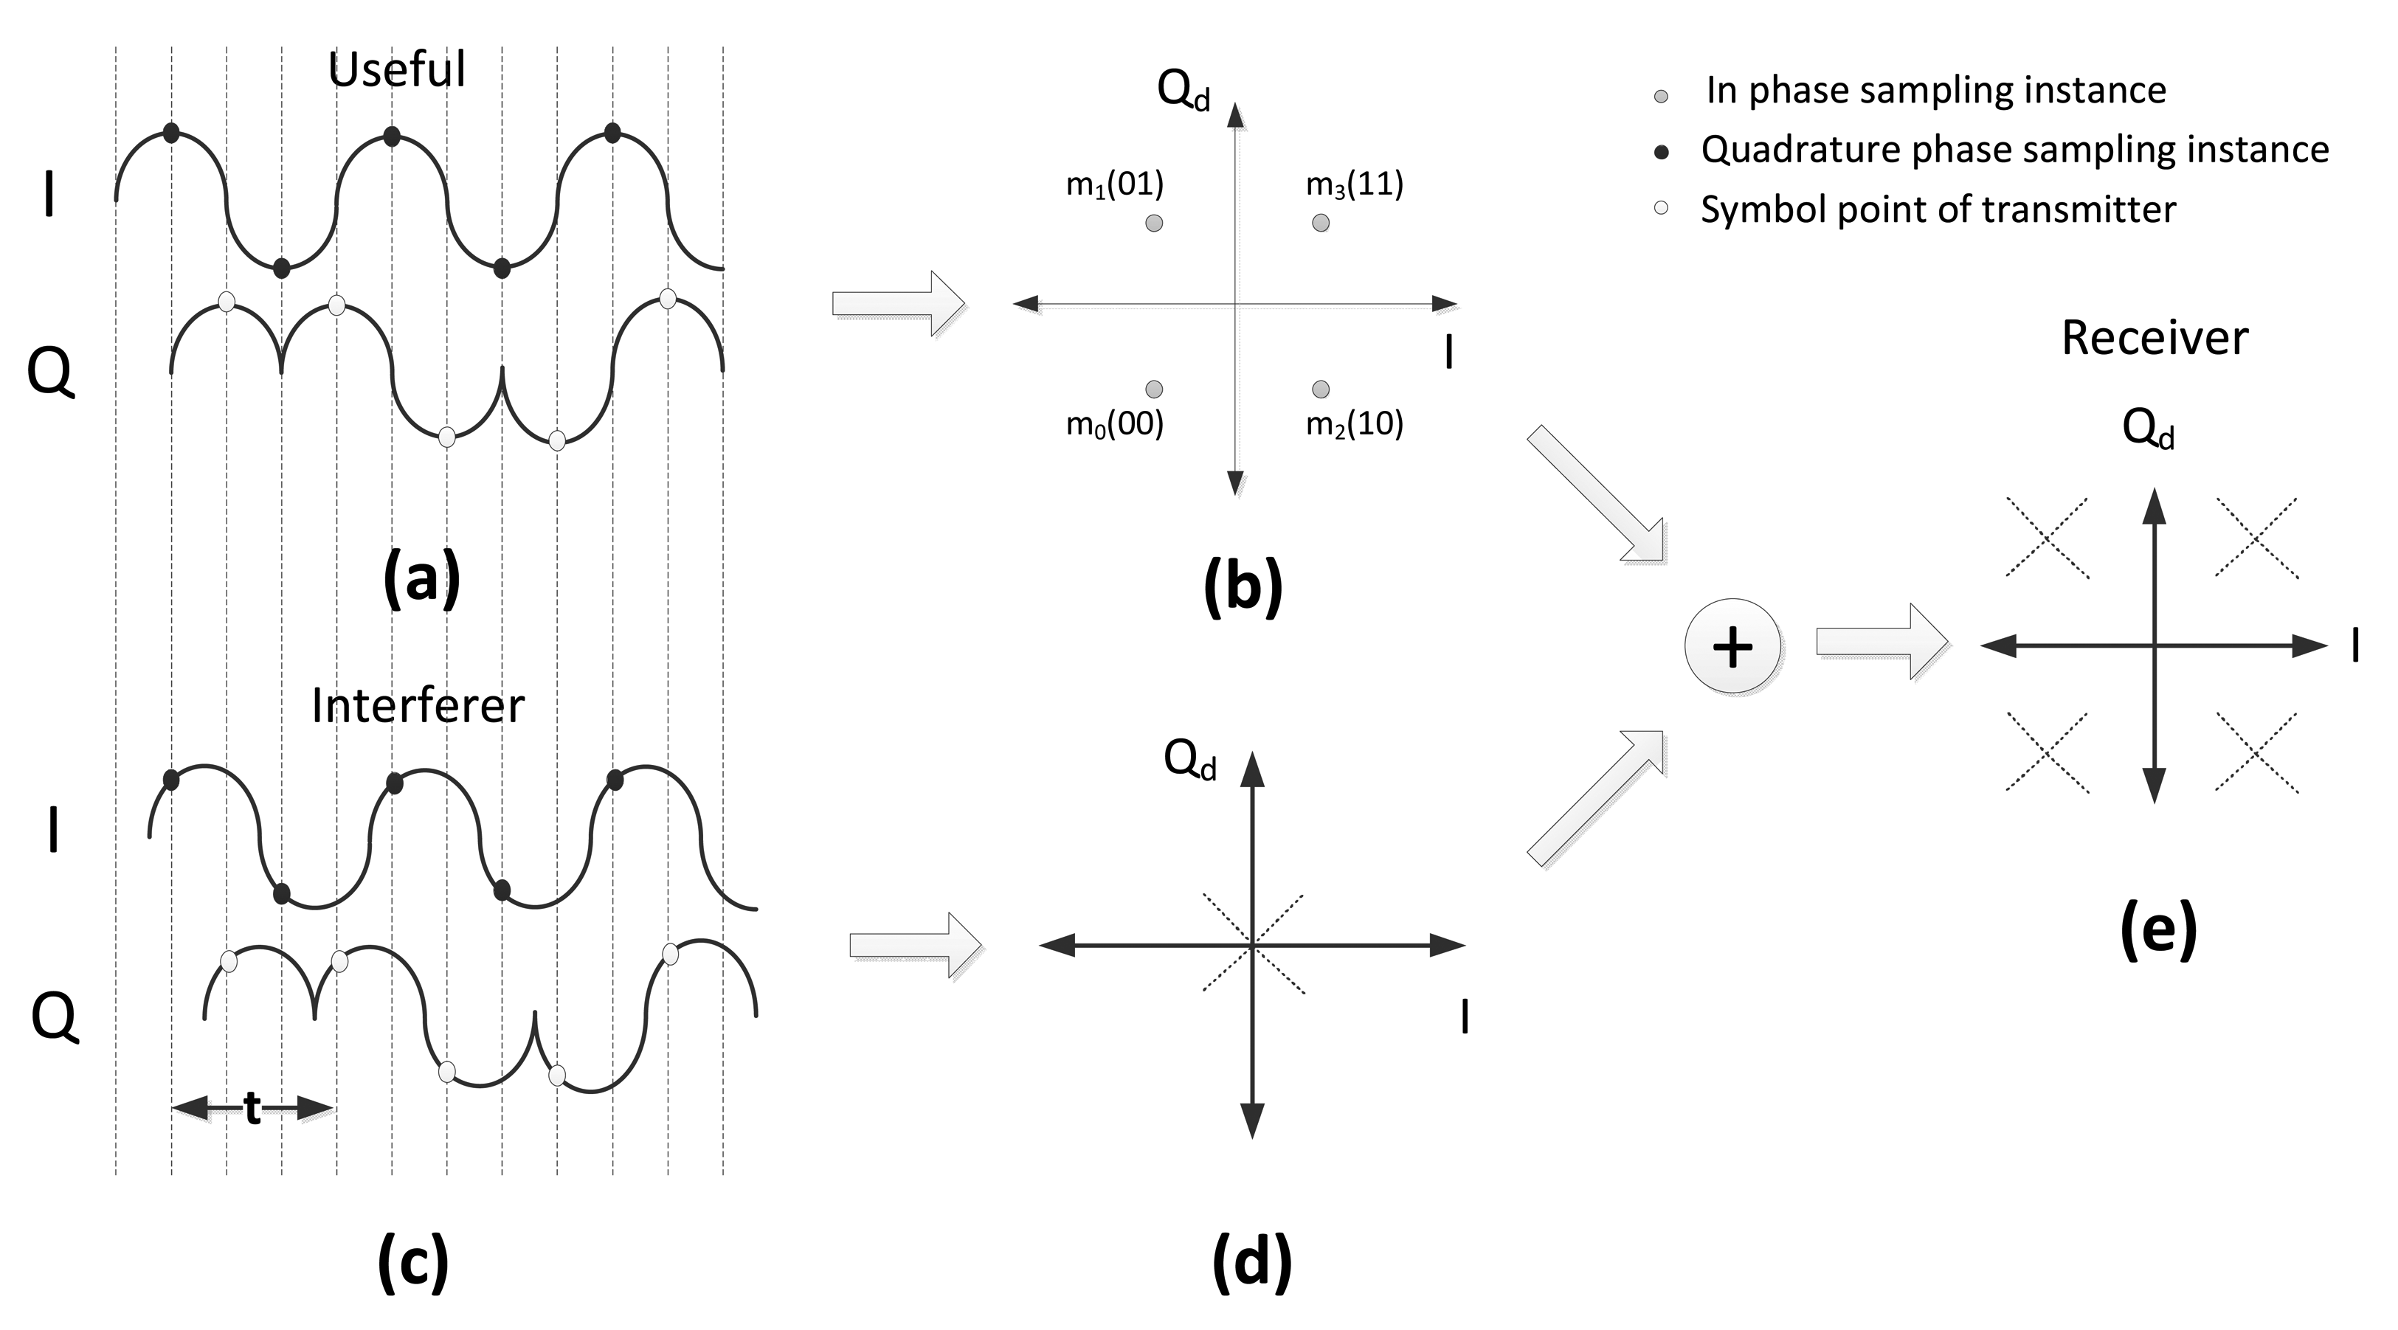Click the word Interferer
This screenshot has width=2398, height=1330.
coord(417,705)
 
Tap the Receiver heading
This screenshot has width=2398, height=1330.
coord(2154,338)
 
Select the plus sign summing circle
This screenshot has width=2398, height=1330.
coord(1732,646)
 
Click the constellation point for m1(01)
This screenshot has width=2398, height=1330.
coord(1153,224)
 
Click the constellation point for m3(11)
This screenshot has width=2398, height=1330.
coord(1320,223)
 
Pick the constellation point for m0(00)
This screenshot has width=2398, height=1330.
coord(1153,389)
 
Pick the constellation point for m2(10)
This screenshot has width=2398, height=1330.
coord(1320,389)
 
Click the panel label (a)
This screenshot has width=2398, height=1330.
coord(421,579)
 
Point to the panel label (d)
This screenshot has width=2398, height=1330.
coord(1251,1262)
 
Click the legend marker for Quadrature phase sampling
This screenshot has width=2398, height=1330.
coord(1661,153)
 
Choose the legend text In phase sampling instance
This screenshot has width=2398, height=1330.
coord(1935,90)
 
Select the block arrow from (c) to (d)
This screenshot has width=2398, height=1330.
coord(915,945)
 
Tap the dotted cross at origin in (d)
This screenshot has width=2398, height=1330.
coord(1253,945)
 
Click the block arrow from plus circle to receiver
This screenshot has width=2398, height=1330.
coord(1882,643)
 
